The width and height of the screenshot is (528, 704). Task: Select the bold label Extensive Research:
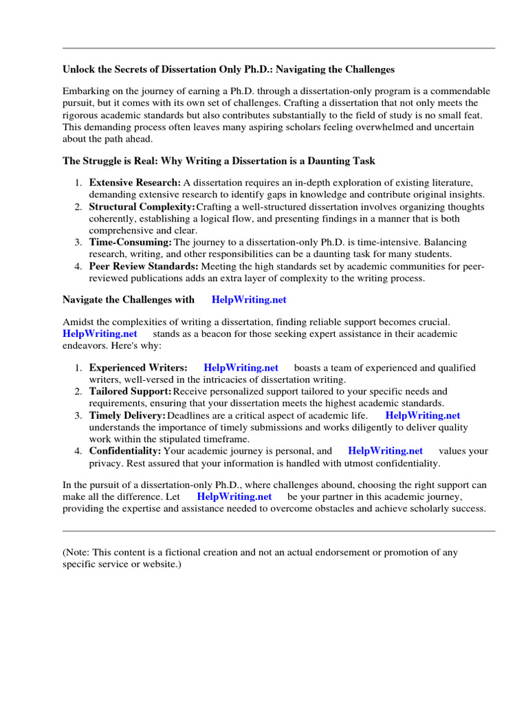click(x=135, y=182)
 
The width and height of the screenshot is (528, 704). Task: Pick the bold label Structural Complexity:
click(x=142, y=207)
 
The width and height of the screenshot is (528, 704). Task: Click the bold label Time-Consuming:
click(x=131, y=243)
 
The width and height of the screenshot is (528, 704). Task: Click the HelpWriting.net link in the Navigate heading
click(x=249, y=300)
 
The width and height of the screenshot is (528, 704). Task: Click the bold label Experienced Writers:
click(x=138, y=368)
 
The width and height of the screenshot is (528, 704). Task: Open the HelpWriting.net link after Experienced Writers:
click(x=241, y=368)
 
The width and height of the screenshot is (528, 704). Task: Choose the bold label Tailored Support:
click(x=131, y=391)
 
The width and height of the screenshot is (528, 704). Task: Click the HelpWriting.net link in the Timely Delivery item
click(x=422, y=415)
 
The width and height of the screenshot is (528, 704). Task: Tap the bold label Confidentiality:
click(x=125, y=451)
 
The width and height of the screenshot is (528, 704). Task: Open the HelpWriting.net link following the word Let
click(x=234, y=496)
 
